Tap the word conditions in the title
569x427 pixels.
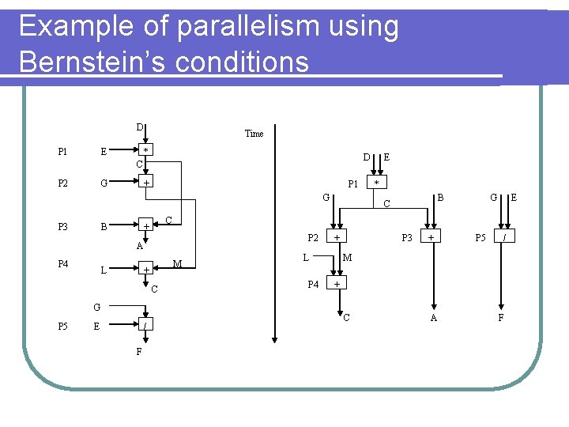click(245, 62)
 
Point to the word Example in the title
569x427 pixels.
click(76, 27)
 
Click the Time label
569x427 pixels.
click(254, 134)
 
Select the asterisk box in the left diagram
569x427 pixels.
click(146, 150)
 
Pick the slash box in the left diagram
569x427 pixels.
click(146, 326)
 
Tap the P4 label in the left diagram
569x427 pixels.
click(62, 263)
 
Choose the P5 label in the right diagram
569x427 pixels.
click(480, 236)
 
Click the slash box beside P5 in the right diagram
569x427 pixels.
click(503, 236)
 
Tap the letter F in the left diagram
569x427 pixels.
click(139, 351)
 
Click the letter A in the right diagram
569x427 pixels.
click(433, 318)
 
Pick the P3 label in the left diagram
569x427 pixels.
click(62, 227)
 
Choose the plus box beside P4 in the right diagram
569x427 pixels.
click(337, 283)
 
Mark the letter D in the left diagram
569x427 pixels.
click(139, 127)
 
